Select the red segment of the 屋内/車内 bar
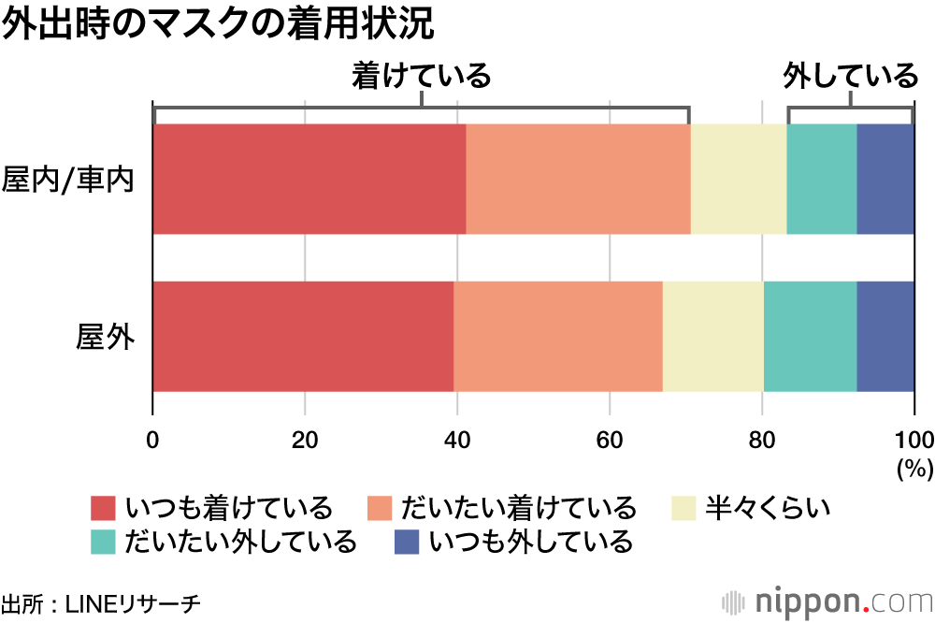(x=309, y=179)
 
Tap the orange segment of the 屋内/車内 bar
(x=578, y=179)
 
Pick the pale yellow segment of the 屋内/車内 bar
(x=739, y=179)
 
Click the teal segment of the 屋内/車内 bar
(x=822, y=179)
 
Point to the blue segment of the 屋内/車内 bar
(x=885, y=179)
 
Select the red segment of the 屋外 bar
(x=303, y=336)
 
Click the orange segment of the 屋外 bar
(x=558, y=336)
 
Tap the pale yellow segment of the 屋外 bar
(x=713, y=336)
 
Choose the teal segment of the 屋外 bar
(x=811, y=336)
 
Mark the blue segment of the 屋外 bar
(x=885, y=336)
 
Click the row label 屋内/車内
(x=69, y=179)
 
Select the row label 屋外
(x=105, y=336)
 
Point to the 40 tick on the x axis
(x=457, y=441)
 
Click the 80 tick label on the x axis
(x=762, y=441)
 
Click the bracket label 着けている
(x=421, y=76)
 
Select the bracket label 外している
(x=851, y=76)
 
